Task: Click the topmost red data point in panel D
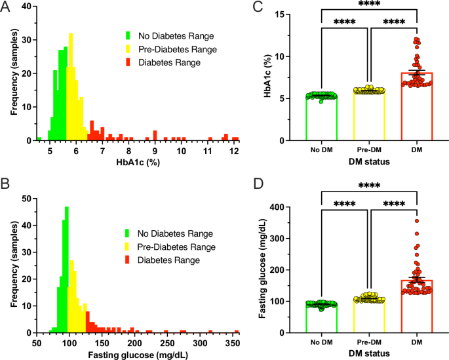[x=416, y=220]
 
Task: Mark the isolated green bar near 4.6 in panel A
[x=39, y=139]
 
